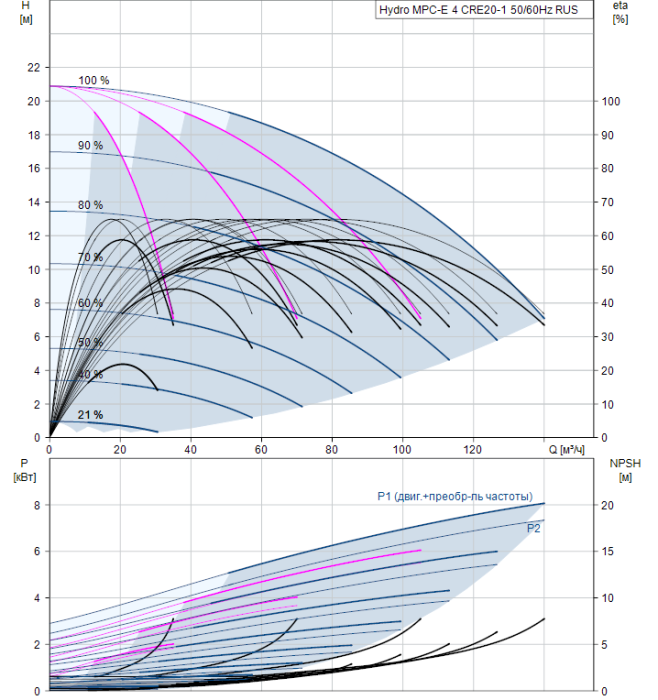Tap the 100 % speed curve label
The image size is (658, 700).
[x=94, y=80]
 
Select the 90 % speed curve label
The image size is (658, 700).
[x=91, y=146]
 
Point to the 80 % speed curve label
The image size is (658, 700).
[x=91, y=205]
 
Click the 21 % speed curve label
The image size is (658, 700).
[x=91, y=415]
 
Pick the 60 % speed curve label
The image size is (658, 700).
[x=91, y=303]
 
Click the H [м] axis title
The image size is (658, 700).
[x=26, y=12]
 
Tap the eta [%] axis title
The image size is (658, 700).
[x=621, y=12]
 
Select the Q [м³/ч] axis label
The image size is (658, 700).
[x=566, y=450]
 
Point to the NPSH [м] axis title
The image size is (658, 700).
[x=625, y=470]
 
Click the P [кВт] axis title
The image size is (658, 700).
[x=25, y=470]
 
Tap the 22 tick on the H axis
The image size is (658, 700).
[x=34, y=67]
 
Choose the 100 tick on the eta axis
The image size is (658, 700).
[x=611, y=101]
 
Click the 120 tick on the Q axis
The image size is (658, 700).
[x=473, y=450]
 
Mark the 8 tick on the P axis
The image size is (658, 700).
[x=37, y=505]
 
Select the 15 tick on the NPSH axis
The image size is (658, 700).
[x=608, y=551]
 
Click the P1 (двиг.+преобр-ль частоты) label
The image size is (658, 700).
[x=455, y=496]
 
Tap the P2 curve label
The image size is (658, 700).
[x=533, y=529]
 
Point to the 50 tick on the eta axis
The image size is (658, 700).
[x=608, y=270]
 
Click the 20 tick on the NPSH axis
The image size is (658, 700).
[x=608, y=505]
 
